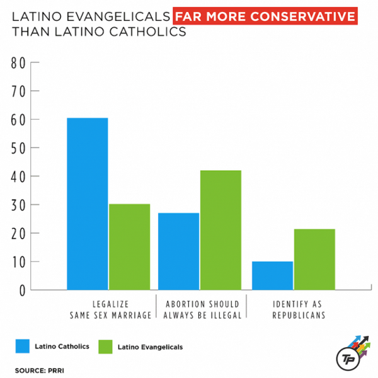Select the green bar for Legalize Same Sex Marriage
click(129, 246)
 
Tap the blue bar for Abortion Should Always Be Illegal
click(178, 251)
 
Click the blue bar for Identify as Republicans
click(272, 275)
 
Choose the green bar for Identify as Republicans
click(314, 259)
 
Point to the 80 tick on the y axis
click(18, 63)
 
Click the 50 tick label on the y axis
click(18, 148)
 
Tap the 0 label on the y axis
click(21, 290)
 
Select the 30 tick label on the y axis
click(18, 205)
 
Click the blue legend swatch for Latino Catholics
click(23, 346)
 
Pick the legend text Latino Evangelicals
click(150, 346)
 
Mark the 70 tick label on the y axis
click(18, 91)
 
